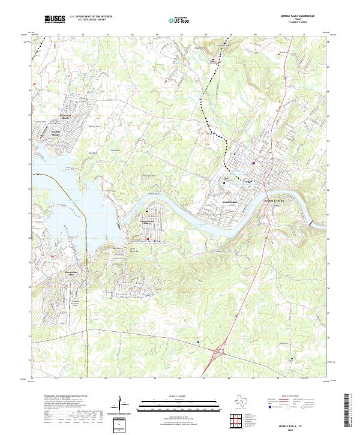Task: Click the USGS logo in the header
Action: (55, 20)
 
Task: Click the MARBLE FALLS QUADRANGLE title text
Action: (297, 17)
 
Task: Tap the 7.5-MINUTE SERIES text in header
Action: (297, 23)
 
